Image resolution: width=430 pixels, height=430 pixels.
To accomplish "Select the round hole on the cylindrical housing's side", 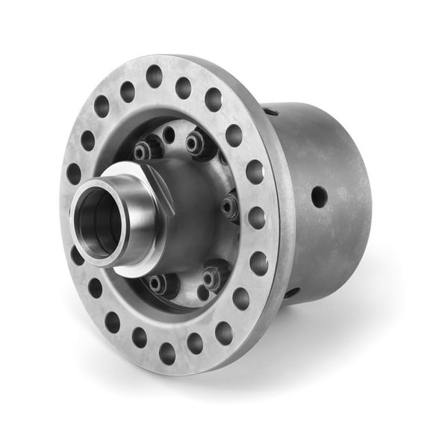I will tap(318, 197).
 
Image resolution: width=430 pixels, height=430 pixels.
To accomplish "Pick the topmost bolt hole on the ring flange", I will tap(155, 75).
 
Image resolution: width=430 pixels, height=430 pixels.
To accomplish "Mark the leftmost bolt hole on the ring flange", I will tap(74, 173).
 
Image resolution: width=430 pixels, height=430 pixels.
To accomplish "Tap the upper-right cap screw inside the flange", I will tap(196, 143).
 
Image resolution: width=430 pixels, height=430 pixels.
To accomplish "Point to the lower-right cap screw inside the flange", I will tap(211, 277).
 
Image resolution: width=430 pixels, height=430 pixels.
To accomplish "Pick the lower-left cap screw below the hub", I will tap(157, 284).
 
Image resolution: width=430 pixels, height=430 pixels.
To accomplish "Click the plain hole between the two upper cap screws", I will tap(169, 136).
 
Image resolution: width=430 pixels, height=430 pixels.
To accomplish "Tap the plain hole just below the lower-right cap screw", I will tap(203, 293).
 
